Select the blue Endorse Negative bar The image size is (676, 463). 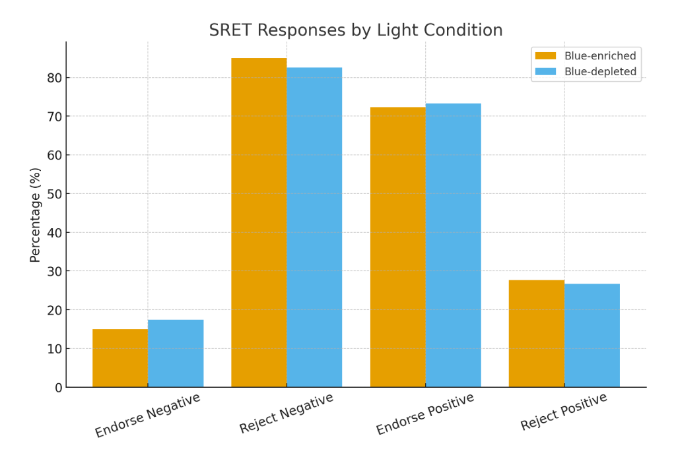coord(176,354)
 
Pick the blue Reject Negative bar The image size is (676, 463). coord(314,227)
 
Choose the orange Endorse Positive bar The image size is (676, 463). coord(397,247)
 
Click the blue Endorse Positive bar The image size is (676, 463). coord(453,245)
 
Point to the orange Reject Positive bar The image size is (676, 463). coord(536,334)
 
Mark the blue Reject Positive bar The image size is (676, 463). coord(592,336)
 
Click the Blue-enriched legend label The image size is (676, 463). coord(600,56)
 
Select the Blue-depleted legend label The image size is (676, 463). coord(600,72)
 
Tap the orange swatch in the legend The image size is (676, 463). coord(546,56)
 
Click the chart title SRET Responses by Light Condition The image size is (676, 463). coord(356,30)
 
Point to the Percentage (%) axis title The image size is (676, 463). coord(36,214)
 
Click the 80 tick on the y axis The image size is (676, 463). coord(54,78)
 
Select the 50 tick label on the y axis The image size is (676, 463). coord(54,194)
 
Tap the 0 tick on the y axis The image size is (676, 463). coord(58,388)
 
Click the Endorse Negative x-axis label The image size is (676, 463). coord(147,416)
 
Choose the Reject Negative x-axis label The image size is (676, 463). coord(287,414)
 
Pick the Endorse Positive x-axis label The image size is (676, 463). coord(425,414)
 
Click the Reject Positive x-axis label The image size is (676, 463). coord(564,412)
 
